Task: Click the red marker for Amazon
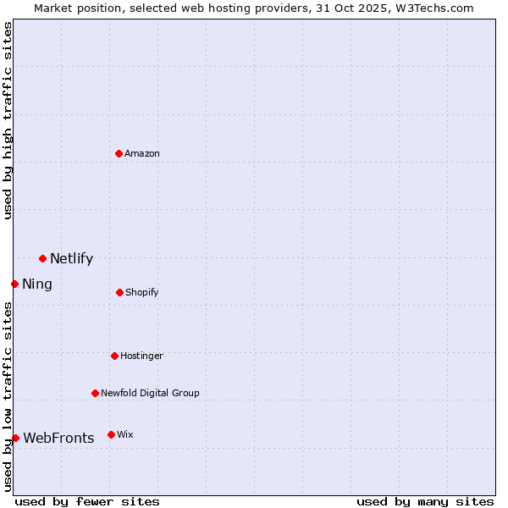tap(119, 153)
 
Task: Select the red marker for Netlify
tap(42, 258)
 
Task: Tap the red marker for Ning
tap(14, 284)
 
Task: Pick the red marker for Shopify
tap(119, 292)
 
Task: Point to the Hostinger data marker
tap(114, 356)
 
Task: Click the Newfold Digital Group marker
tap(95, 393)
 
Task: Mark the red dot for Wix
tap(111, 434)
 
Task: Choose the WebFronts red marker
tap(15, 438)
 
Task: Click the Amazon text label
tap(142, 153)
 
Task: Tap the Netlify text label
tap(71, 259)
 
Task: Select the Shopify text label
tap(141, 292)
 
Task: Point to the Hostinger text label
tap(141, 356)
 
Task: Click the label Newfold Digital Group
tap(150, 393)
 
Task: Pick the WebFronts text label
tap(58, 438)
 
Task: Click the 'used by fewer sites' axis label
tap(87, 501)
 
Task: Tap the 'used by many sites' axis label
tap(425, 501)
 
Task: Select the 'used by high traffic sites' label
tap(8, 120)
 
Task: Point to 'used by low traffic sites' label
tap(8, 395)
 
